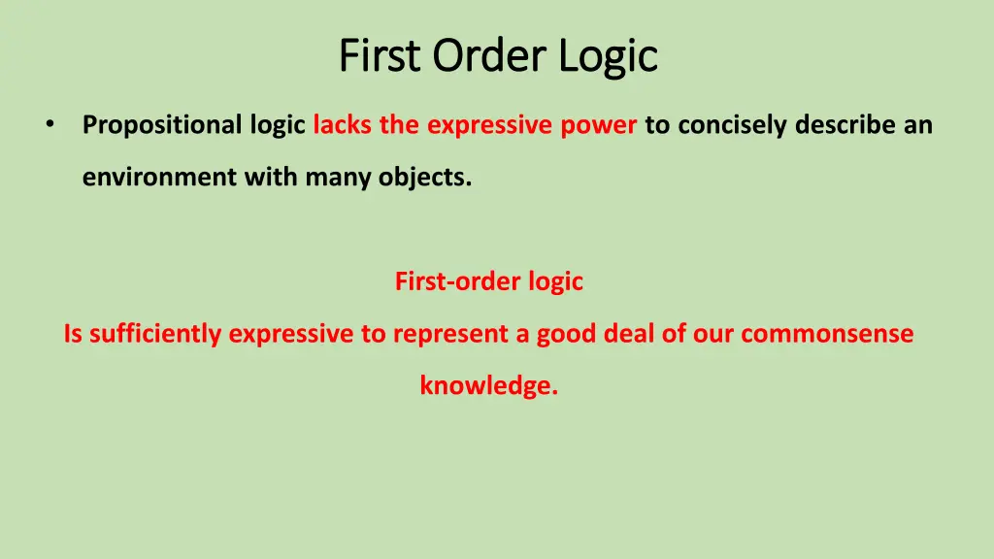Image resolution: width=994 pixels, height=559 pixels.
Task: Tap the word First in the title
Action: (381, 55)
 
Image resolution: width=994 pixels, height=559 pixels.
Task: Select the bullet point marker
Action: (49, 125)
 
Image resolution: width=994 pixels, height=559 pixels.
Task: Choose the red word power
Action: (599, 125)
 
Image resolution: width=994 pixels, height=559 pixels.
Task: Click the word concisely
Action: (732, 125)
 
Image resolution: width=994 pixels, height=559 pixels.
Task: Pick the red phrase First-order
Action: (458, 281)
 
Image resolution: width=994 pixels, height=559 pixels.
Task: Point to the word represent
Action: (448, 334)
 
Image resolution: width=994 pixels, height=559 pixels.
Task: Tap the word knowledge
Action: (488, 385)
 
